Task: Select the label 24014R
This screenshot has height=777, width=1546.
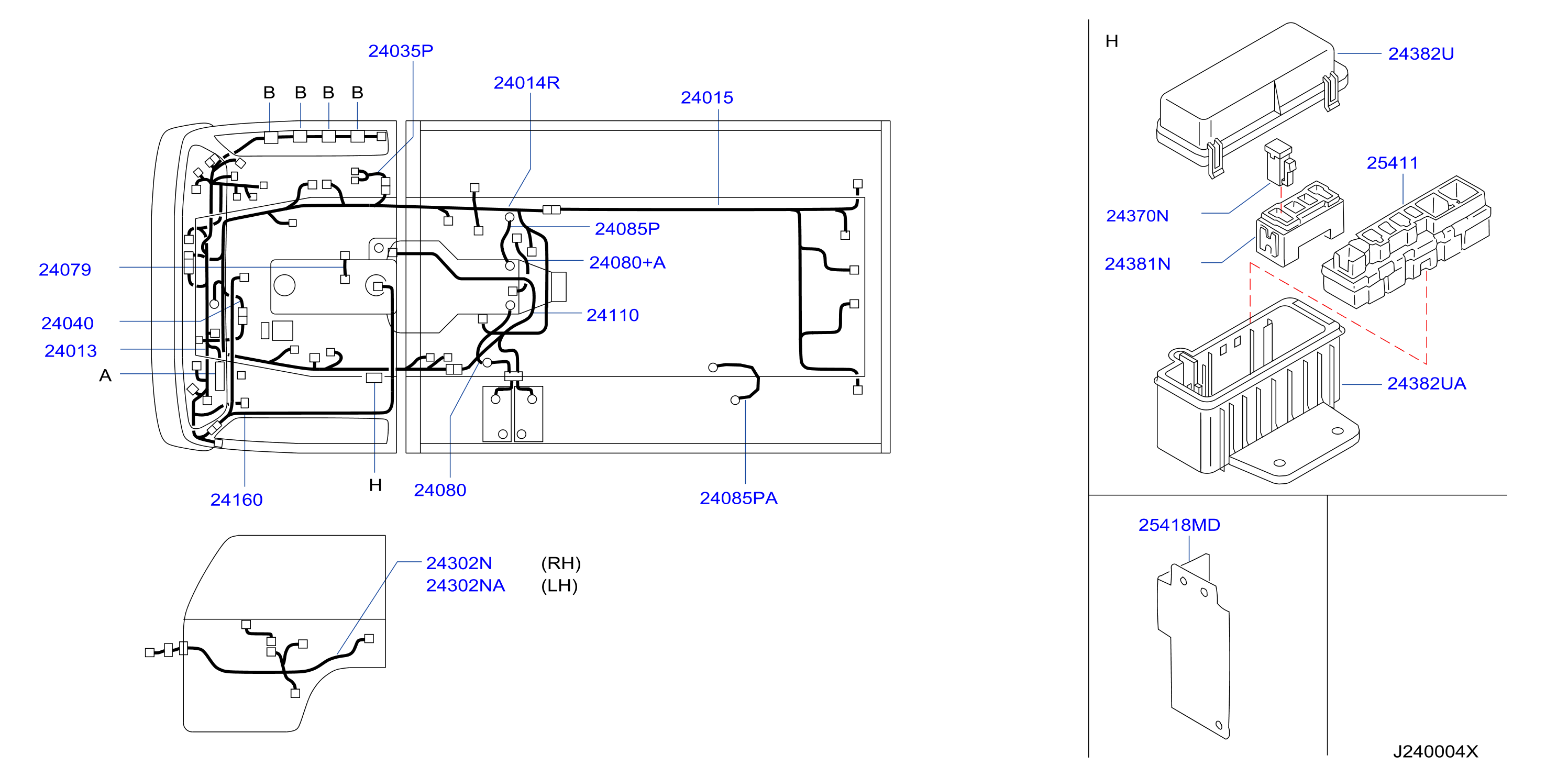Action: pos(526,83)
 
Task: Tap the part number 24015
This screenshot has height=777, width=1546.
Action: pos(706,98)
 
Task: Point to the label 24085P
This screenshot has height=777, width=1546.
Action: pos(627,229)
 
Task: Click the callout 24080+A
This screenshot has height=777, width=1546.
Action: pos(627,262)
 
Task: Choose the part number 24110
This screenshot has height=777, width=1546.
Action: pos(612,315)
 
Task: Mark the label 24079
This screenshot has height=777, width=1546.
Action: pos(65,270)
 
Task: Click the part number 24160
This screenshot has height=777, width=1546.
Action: pos(237,500)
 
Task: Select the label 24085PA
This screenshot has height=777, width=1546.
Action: pos(738,498)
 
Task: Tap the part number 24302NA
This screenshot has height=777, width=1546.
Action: pos(465,585)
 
